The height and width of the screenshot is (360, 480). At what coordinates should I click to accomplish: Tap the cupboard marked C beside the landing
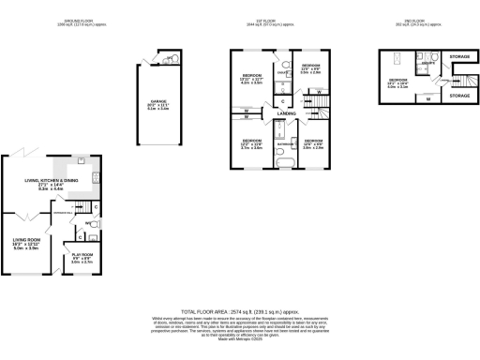(282, 99)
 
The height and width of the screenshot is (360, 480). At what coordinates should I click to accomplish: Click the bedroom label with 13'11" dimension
(252, 80)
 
